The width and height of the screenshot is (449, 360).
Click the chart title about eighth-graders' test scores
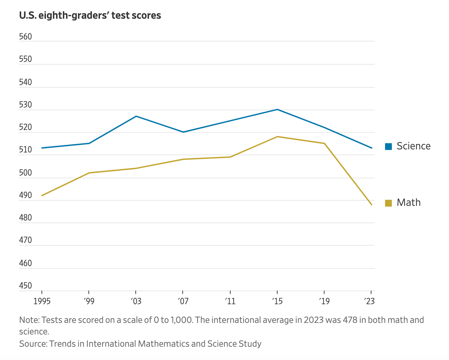(90, 15)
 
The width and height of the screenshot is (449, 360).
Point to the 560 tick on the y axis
(26, 37)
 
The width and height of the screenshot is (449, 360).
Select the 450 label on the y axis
(26, 286)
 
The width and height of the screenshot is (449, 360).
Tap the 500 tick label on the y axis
(26, 173)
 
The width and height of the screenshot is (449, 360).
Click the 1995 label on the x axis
(42, 301)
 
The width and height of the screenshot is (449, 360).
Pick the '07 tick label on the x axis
(183, 301)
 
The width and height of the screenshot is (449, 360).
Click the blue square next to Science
(388, 146)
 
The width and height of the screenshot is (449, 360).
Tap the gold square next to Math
(388, 203)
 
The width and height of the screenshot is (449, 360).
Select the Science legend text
(413, 146)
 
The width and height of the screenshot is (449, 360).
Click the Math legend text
(409, 202)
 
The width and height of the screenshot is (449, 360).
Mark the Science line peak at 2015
(277, 109)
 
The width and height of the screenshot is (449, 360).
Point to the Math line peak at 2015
(277, 136)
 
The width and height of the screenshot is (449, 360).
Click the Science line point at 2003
(136, 116)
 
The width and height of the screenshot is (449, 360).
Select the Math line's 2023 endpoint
(371, 205)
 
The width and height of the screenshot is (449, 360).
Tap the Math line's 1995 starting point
(42, 196)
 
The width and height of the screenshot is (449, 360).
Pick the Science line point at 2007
(183, 132)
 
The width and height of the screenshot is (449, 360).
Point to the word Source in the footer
(33, 344)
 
